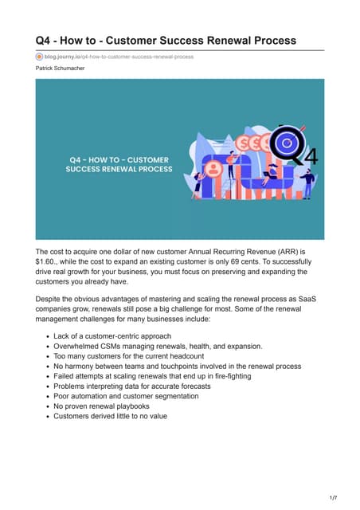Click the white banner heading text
point(117,165)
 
